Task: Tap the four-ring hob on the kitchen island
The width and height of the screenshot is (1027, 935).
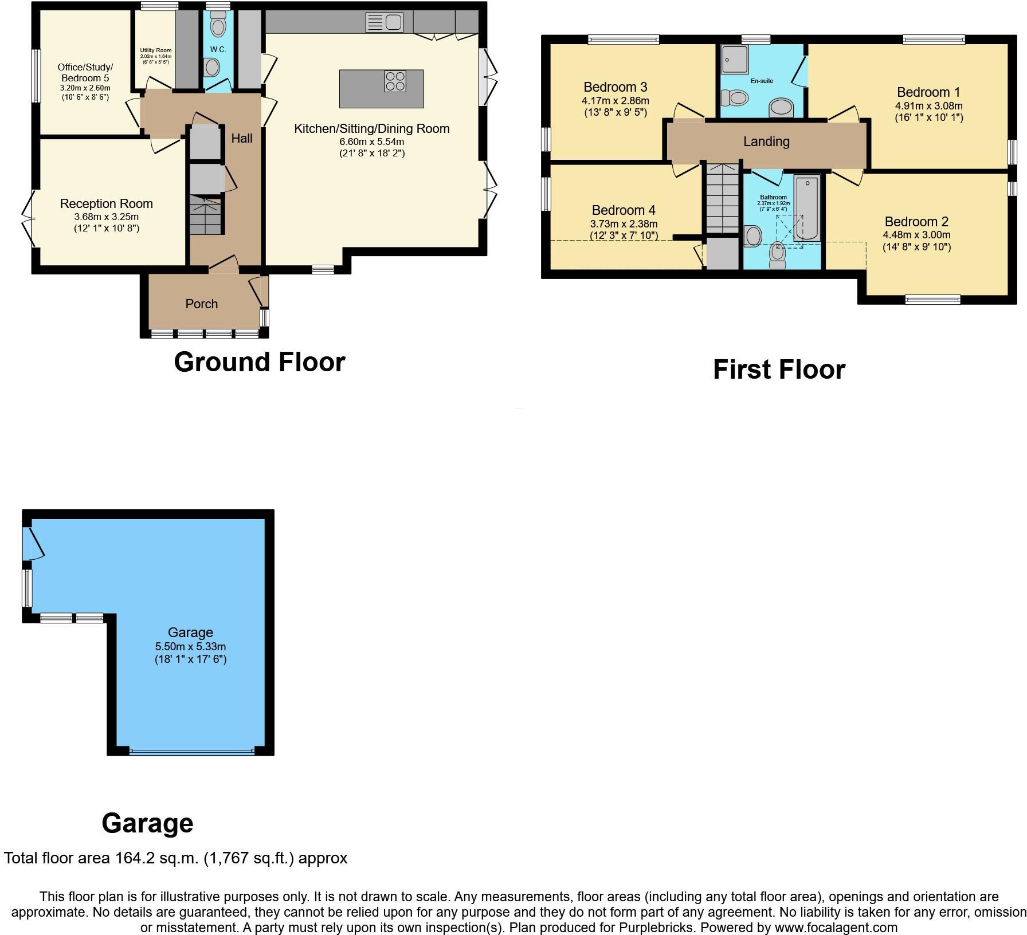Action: (x=395, y=81)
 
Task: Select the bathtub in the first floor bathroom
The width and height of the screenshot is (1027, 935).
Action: (x=807, y=209)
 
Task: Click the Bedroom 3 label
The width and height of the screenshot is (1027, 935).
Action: (x=615, y=87)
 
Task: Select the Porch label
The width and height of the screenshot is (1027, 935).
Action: (x=201, y=304)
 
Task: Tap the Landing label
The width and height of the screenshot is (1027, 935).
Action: (x=766, y=142)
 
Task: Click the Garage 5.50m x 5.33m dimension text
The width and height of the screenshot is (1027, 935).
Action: (x=190, y=646)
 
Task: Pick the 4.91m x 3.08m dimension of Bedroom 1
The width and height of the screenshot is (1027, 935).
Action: (x=928, y=106)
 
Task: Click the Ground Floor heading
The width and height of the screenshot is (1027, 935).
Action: (x=259, y=362)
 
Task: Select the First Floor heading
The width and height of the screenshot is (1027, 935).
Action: (x=778, y=370)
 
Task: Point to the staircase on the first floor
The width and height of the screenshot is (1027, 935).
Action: (x=722, y=198)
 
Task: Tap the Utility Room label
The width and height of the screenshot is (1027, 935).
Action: (x=155, y=50)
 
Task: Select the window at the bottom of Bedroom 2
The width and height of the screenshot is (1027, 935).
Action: (x=932, y=299)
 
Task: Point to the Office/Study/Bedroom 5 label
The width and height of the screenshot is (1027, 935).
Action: (x=85, y=73)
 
